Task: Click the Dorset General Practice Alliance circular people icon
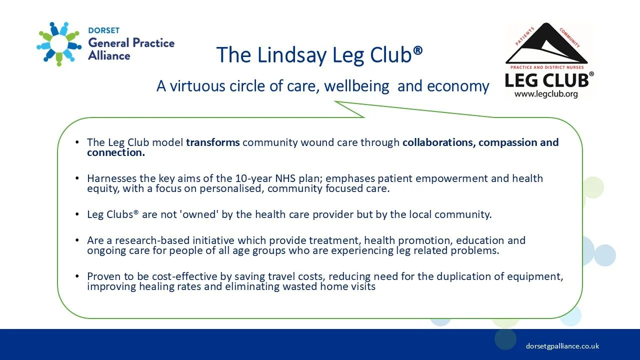[x=59, y=44]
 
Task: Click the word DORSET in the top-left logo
[x=103, y=30]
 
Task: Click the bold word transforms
[x=213, y=142]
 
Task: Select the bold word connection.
[x=115, y=152]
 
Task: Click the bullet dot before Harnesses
[x=77, y=178]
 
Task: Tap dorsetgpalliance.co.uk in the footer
[x=562, y=346]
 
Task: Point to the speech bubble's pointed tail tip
[x=335, y=101]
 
